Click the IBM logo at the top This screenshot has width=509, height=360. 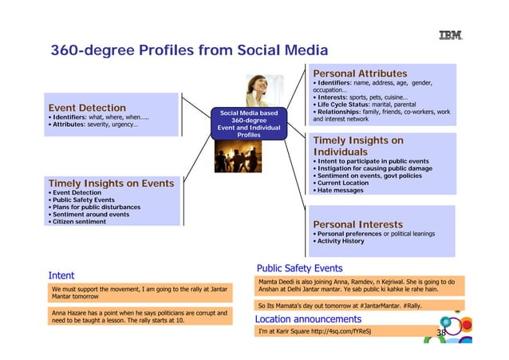click(x=451, y=34)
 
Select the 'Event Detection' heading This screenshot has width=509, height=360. click(x=87, y=108)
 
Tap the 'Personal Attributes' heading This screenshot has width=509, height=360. click(x=359, y=73)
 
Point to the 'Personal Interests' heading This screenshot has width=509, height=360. click(x=357, y=224)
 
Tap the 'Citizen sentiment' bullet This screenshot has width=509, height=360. click(x=79, y=222)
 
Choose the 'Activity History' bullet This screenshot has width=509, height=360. click(x=341, y=241)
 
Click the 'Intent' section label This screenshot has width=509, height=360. click(x=62, y=276)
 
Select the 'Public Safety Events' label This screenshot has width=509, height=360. click(x=299, y=268)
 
